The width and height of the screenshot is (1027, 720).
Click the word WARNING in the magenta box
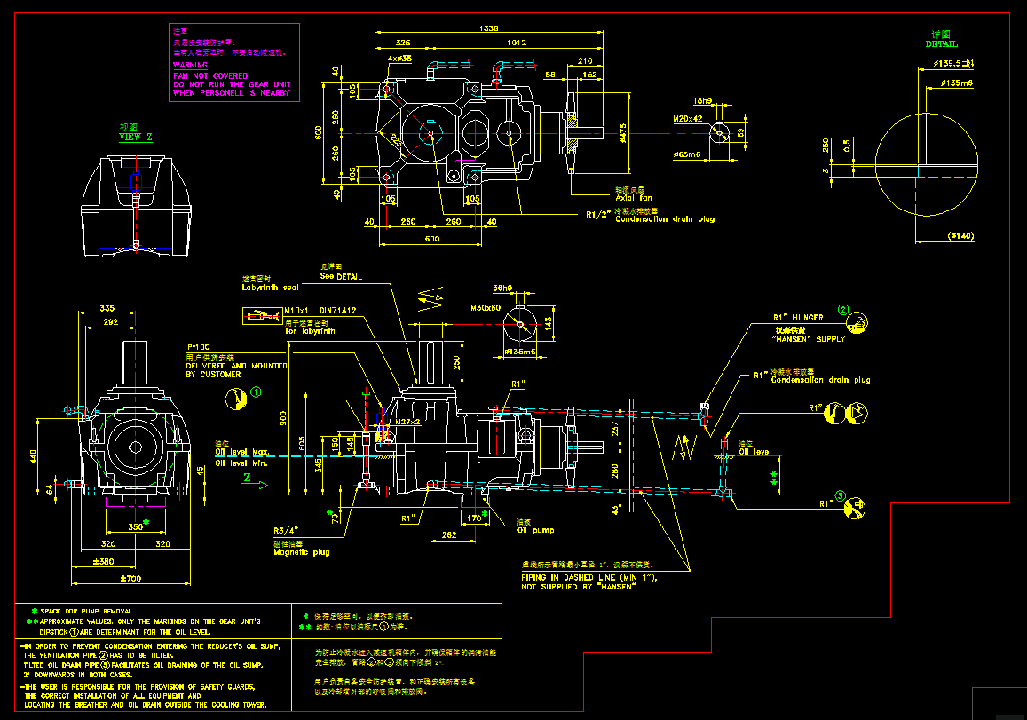190,66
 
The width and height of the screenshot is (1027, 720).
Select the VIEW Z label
136,137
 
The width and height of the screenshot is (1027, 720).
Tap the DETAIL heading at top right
942,44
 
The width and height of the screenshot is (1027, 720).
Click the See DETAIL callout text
341,276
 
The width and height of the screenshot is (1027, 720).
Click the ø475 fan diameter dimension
622,133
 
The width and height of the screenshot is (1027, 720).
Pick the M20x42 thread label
688,118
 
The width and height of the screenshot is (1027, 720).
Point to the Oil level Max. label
242,451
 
